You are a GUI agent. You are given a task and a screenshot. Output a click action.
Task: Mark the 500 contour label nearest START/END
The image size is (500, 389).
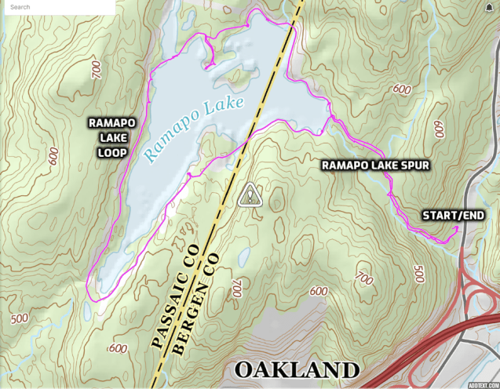(x=419, y=274)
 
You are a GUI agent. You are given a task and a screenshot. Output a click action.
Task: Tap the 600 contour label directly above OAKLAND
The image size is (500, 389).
(x=318, y=291)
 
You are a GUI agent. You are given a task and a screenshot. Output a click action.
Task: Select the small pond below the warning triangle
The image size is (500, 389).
(x=245, y=256)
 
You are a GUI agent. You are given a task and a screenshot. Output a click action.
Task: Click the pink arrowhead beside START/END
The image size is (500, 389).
(x=456, y=228)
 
